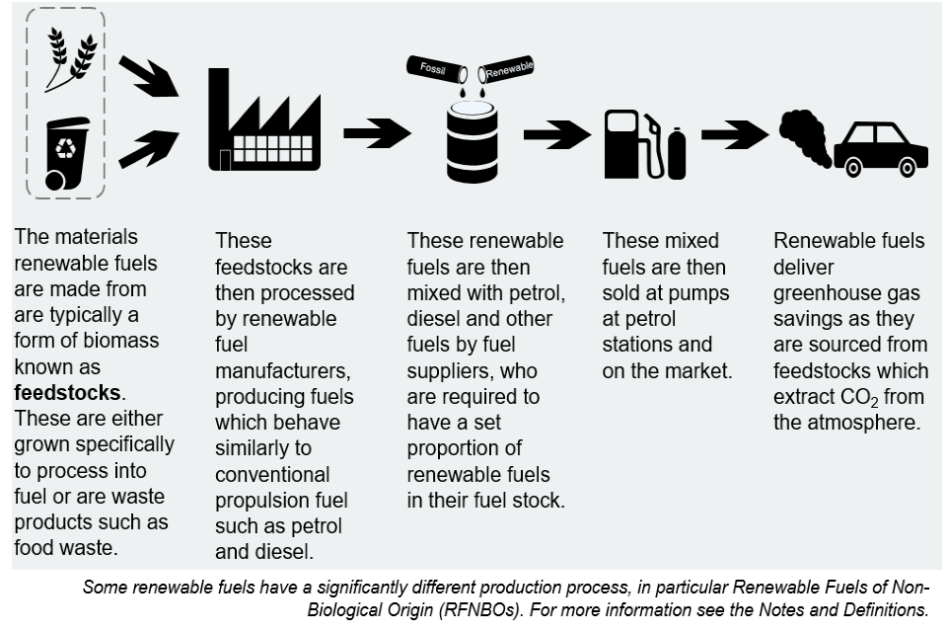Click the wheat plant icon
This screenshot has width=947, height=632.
pyautogui.click(x=72, y=58)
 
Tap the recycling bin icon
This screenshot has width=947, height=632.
pyautogui.click(x=65, y=152)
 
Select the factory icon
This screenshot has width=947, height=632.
pyautogui.click(x=263, y=124)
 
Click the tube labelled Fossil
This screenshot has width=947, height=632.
pyautogui.click(x=435, y=68)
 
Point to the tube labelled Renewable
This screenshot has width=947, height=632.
pyautogui.click(x=507, y=69)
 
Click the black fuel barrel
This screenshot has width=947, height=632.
pyautogui.click(x=472, y=143)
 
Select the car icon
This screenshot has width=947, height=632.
pyautogui.click(x=880, y=149)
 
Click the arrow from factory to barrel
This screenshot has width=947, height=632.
pyautogui.click(x=377, y=133)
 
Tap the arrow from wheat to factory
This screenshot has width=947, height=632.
pyautogui.click(x=148, y=76)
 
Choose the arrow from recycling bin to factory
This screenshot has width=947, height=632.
pyautogui.click(x=148, y=148)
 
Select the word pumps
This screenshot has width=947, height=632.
pyautogui.click(x=696, y=293)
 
